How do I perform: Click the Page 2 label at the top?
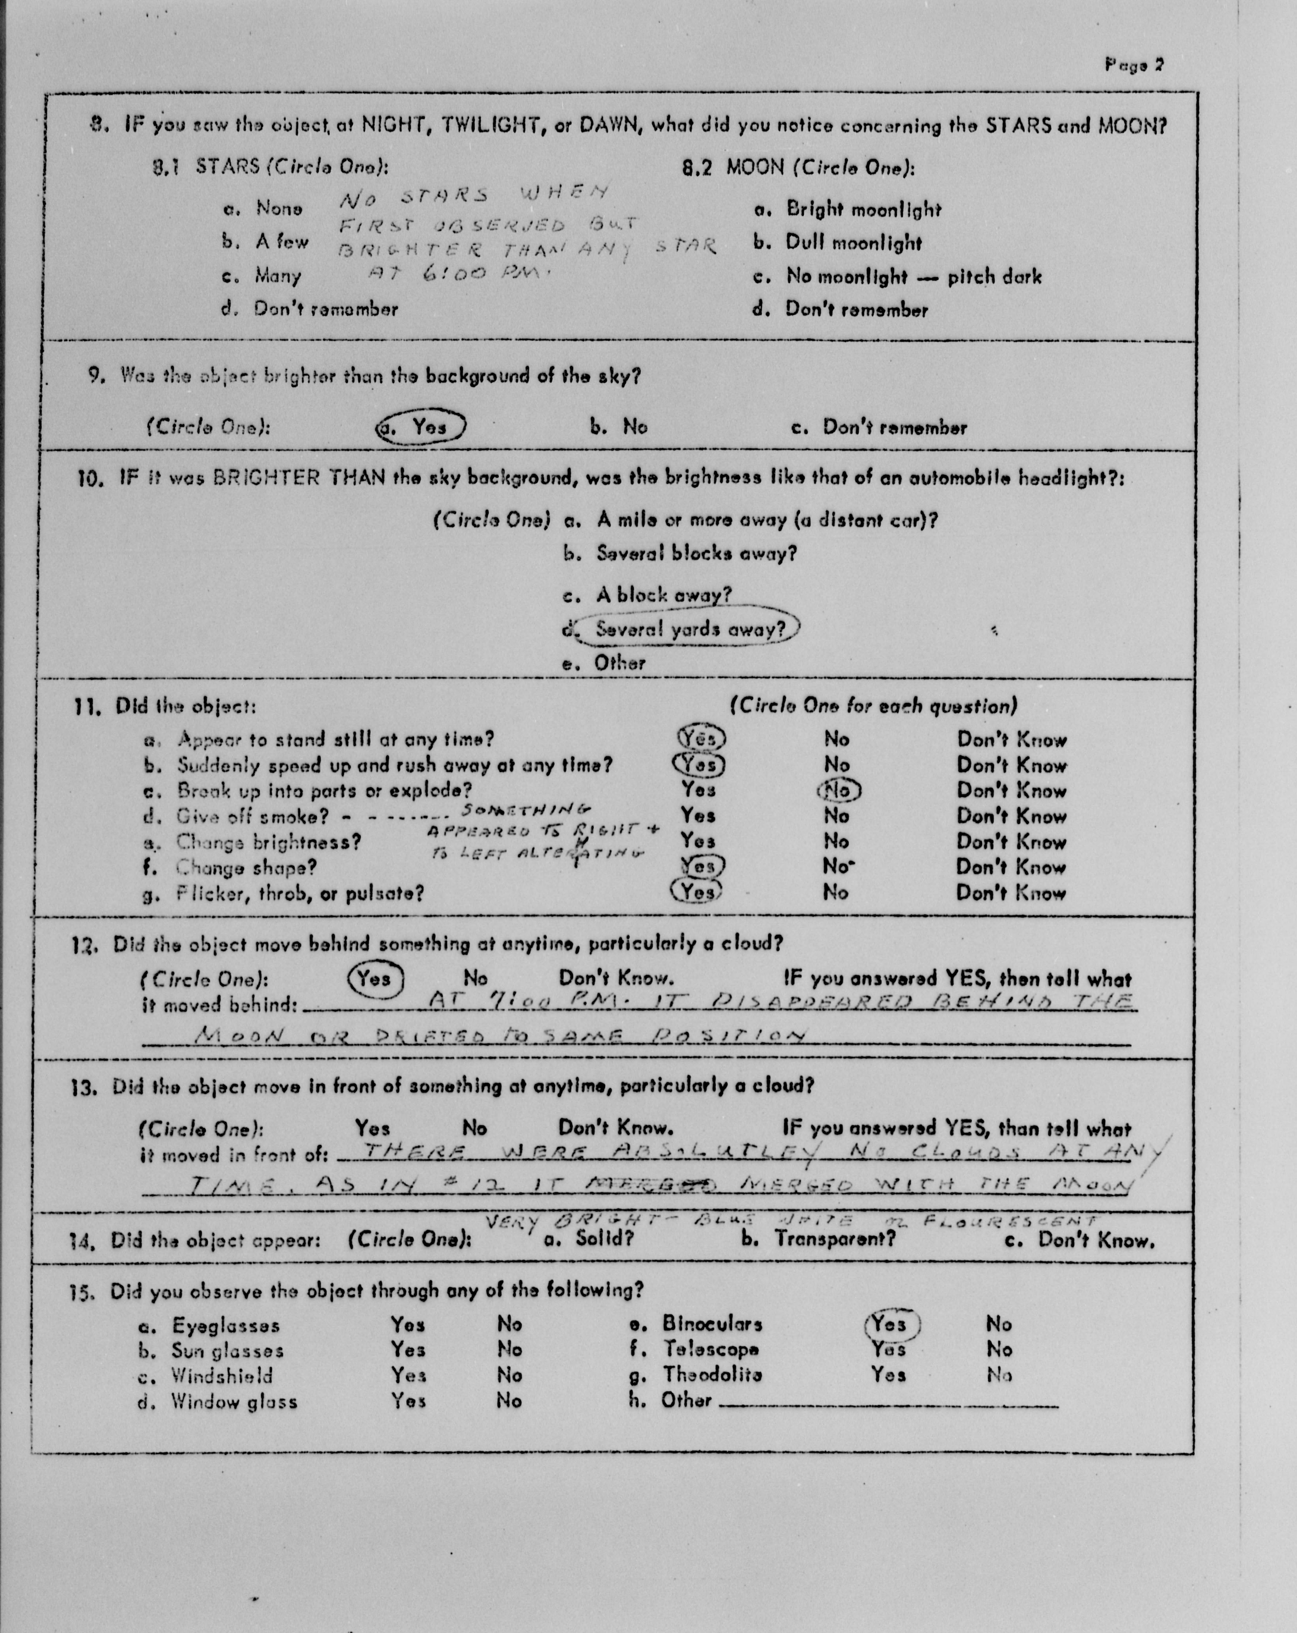point(1134,65)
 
